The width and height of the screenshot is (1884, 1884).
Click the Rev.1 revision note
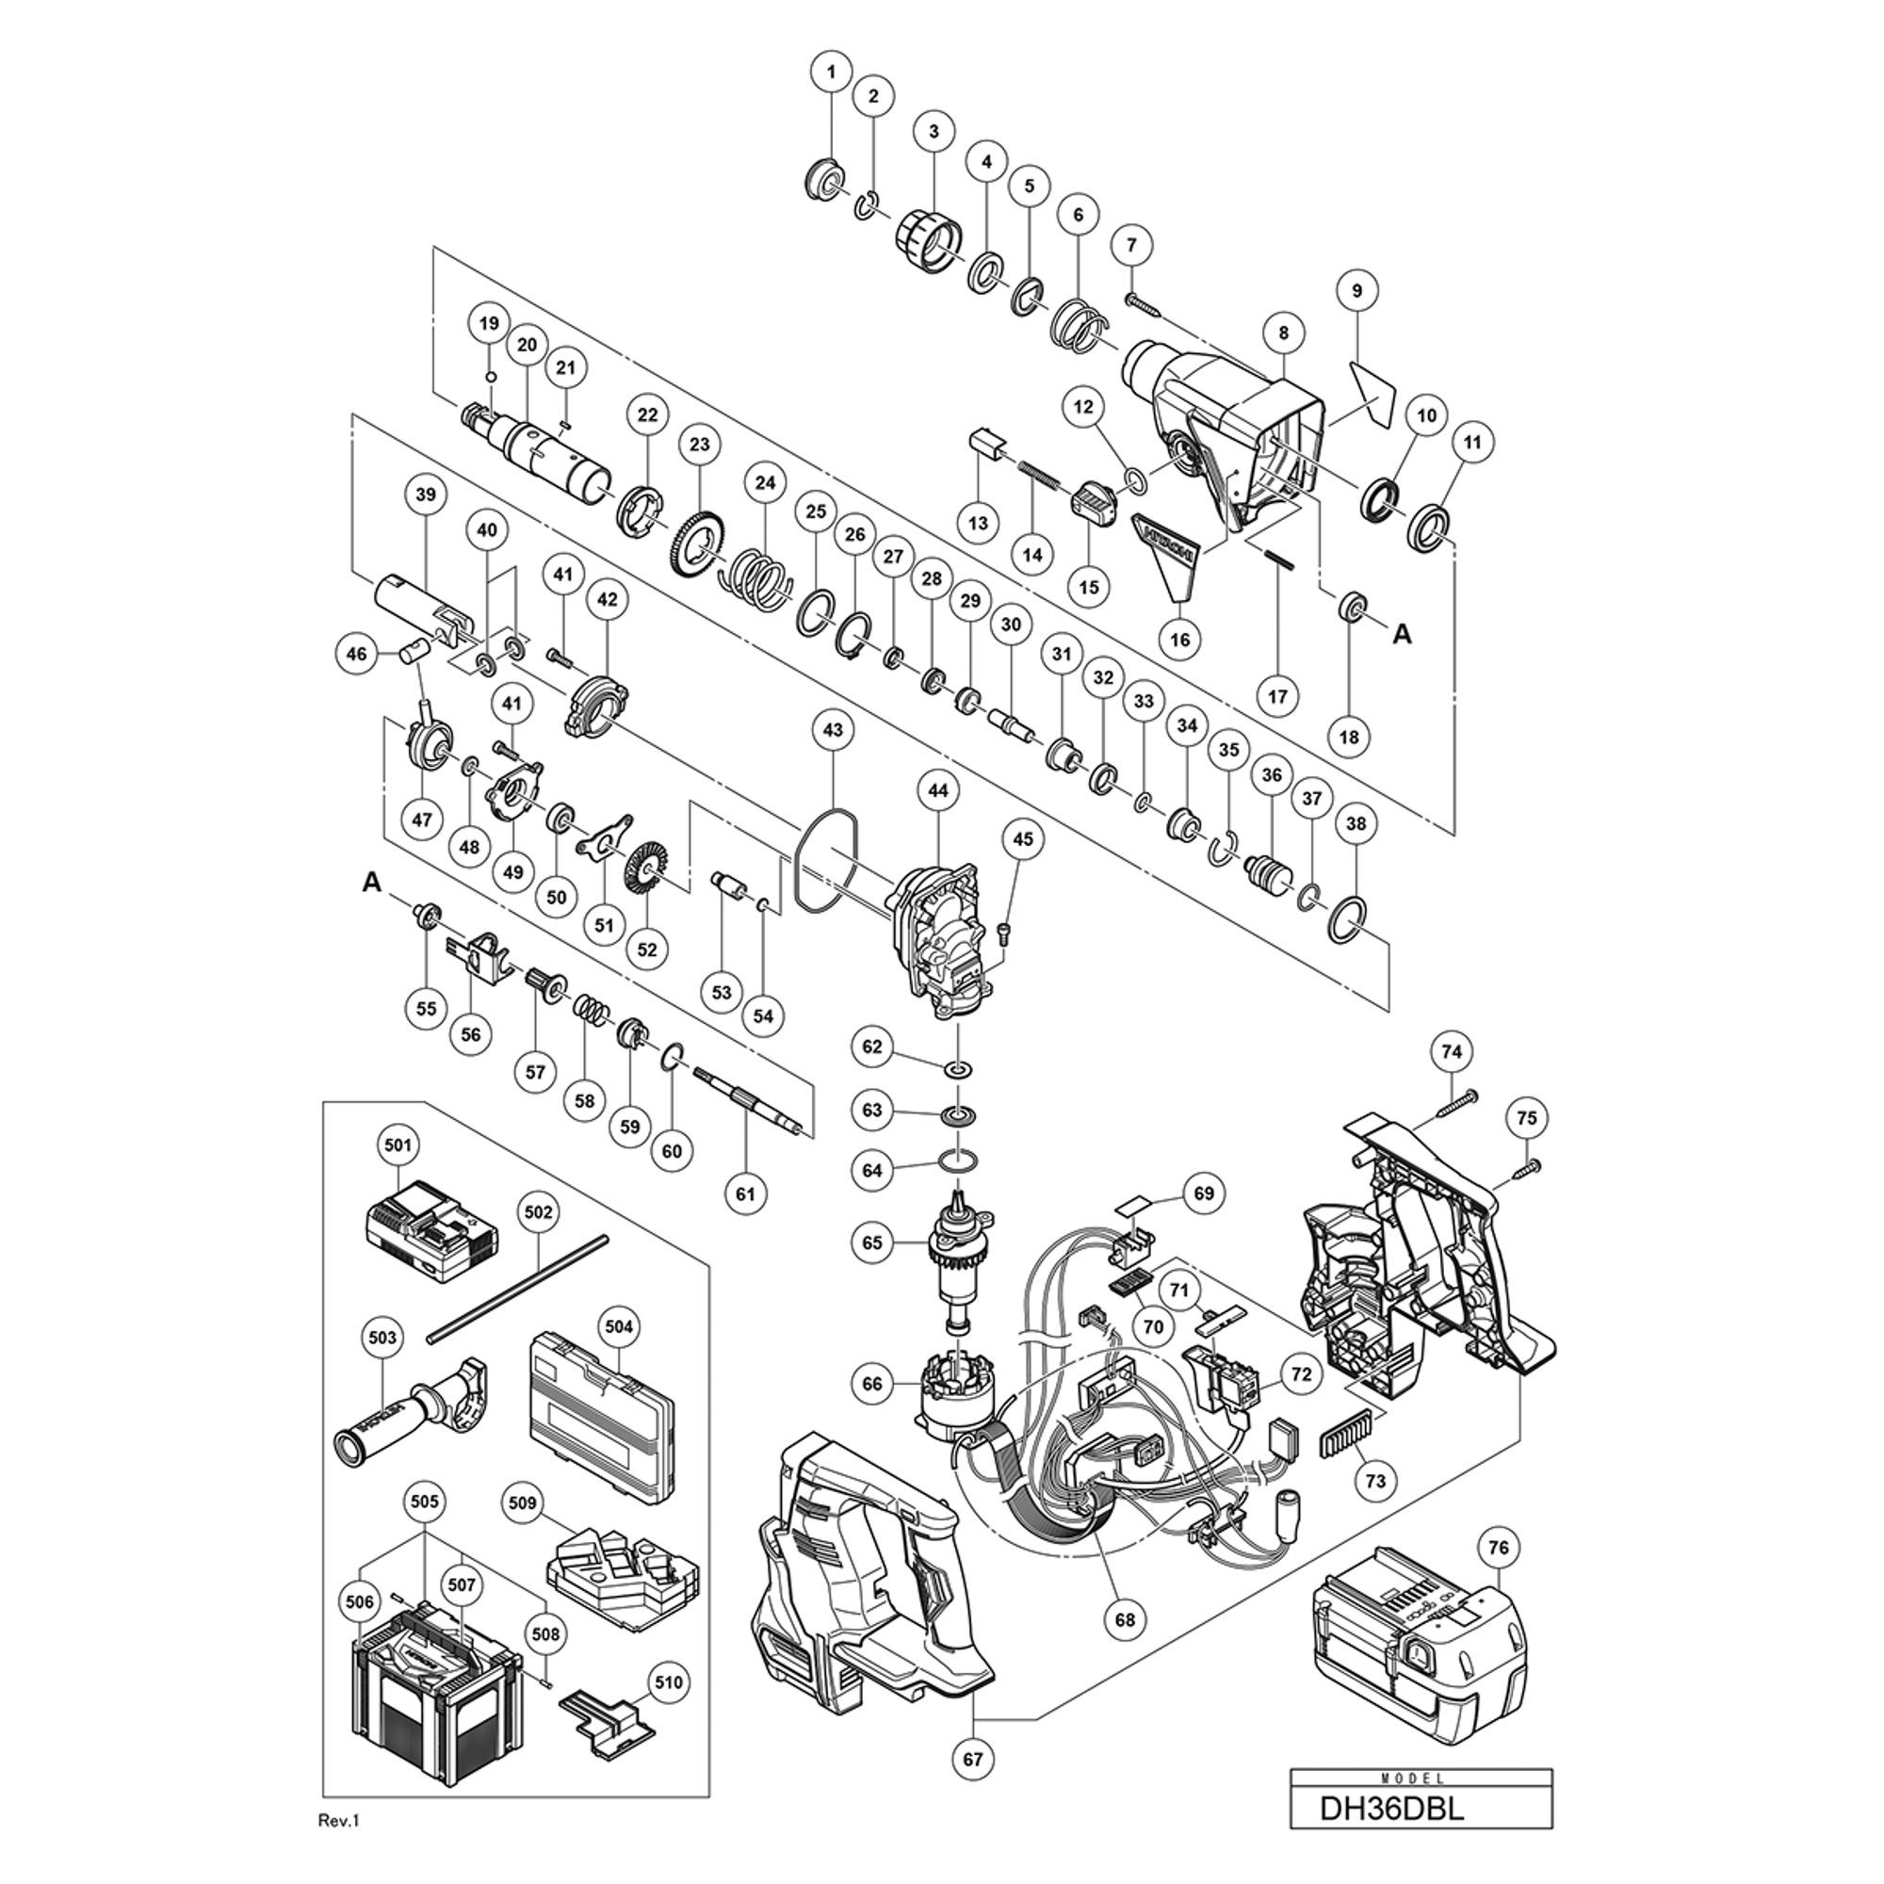[339, 1820]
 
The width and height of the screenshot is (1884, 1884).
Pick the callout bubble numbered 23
[700, 445]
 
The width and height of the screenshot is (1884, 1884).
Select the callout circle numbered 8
[1283, 333]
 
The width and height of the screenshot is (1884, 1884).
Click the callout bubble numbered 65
[871, 1242]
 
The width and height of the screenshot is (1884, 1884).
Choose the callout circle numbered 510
[670, 1682]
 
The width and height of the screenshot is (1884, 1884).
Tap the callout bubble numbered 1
[831, 72]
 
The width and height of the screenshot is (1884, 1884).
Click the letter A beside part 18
[1403, 635]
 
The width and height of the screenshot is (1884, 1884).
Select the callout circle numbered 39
[426, 495]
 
